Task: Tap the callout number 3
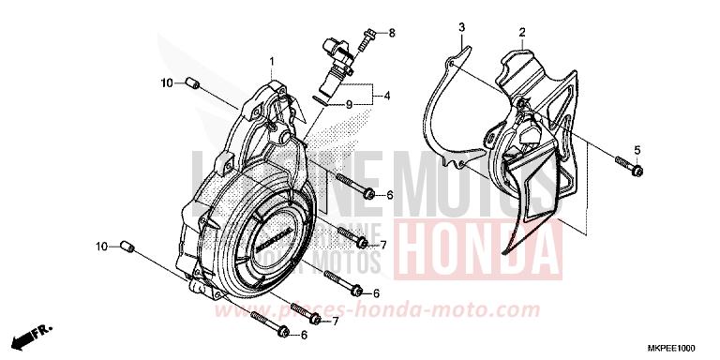[461, 29]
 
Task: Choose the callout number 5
[637, 151]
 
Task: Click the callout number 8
[392, 33]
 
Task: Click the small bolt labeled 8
[372, 36]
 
